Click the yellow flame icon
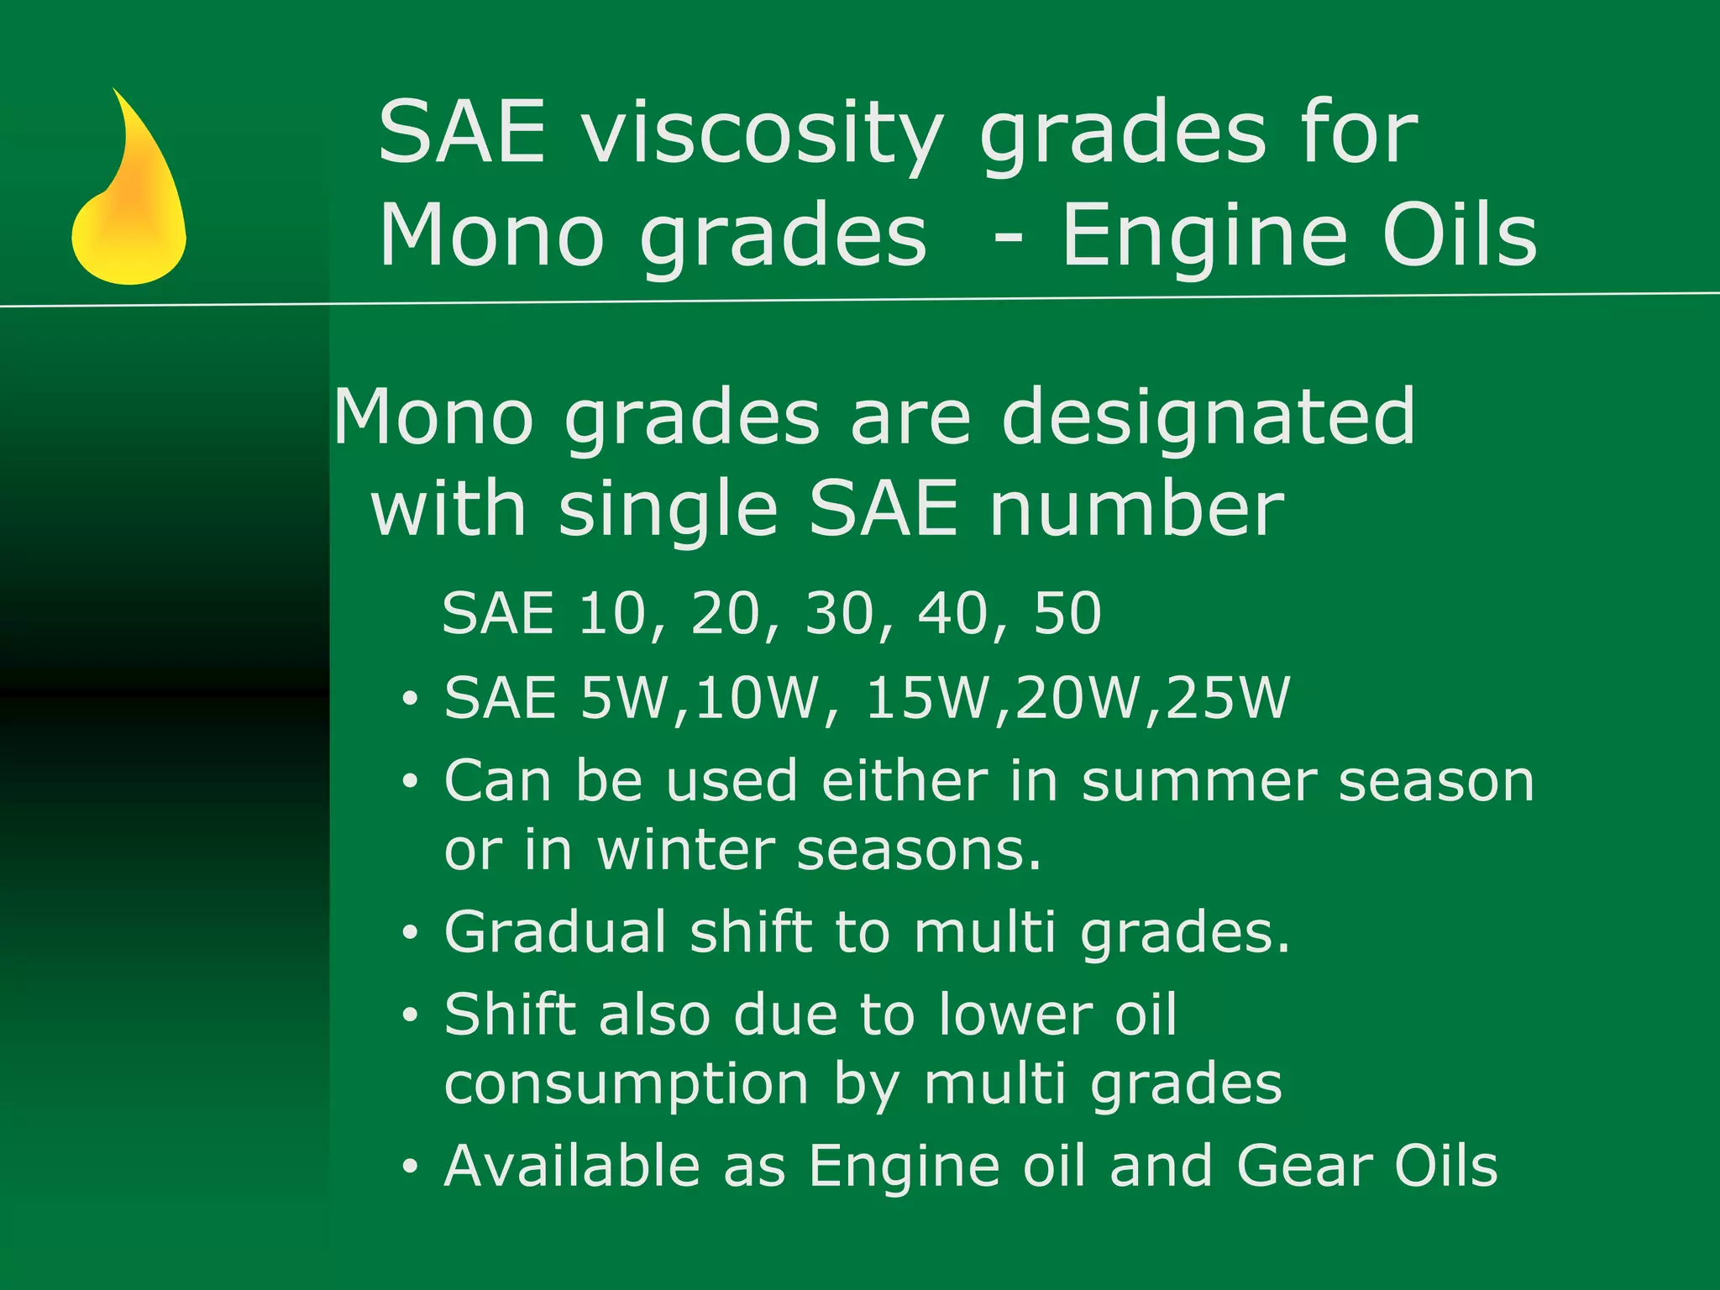pyautogui.click(x=128, y=202)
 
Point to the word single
pyautogui.click(x=669, y=510)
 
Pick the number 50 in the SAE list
pyautogui.click(x=1067, y=613)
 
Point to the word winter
pyautogui.click(x=685, y=850)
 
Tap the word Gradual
pyautogui.click(x=555, y=932)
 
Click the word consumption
pyautogui.click(x=627, y=1084)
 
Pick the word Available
pyautogui.click(x=572, y=1167)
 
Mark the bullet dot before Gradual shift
pyautogui.click(x=410, y=933)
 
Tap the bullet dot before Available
pyautogui.click(x=410, y=1167)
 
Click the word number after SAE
pyautogui.click(x=1136, y=510)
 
